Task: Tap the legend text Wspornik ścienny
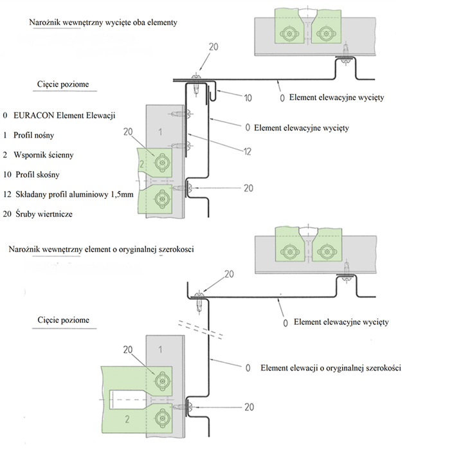48,154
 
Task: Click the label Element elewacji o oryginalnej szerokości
331,368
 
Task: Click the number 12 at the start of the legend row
7,194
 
